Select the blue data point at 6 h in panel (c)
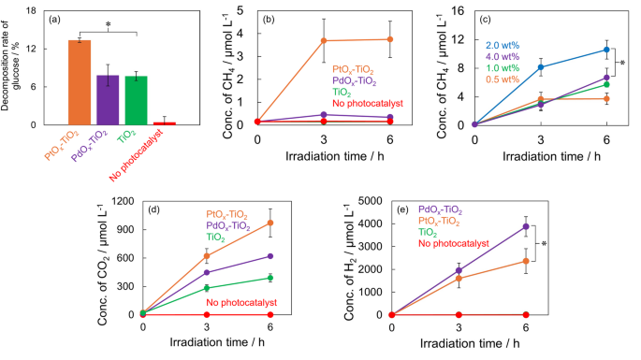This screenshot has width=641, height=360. click(606, 50)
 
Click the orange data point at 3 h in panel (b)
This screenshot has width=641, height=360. click(324, 40)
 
